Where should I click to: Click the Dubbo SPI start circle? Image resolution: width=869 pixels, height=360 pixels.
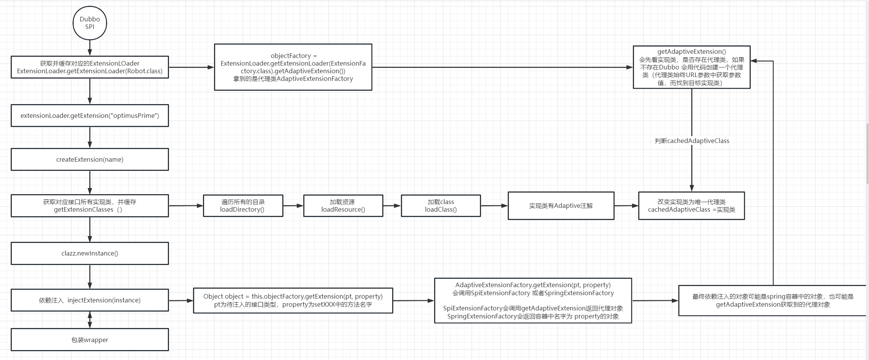click(90, 23)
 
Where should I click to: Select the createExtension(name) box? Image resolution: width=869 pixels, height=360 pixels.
click(90, 159)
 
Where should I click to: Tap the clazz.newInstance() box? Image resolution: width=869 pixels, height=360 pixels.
click(90, 253)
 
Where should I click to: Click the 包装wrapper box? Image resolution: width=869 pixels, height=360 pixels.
click(90, 340)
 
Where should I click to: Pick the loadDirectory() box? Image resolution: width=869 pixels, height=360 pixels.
click(243, 206)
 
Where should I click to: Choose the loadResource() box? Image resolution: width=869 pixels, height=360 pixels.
click(343, 206)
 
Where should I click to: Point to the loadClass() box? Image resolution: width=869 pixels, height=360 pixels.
click(441, 206)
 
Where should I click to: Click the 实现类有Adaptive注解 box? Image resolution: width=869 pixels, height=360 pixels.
click(561, 206)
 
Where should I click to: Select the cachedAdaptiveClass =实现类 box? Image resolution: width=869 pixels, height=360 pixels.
click(691, 206)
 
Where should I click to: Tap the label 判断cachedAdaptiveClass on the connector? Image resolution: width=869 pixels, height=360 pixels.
click(692, 141)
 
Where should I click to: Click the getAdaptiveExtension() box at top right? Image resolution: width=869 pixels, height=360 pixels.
click(691, 67)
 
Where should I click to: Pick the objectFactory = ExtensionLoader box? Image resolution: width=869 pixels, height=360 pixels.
click(293, 67)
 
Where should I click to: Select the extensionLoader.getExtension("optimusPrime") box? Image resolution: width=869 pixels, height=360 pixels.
click(90, 116)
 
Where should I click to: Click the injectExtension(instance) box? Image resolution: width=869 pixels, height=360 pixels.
click(90, 300)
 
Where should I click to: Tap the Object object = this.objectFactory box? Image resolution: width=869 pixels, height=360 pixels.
click(293, 301)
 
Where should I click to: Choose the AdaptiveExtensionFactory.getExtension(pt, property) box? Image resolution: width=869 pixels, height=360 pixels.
click(533, 301)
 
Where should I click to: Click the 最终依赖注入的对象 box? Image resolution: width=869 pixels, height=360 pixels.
click(772, 301)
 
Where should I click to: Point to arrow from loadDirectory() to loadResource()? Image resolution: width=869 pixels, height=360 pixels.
click(293, 206)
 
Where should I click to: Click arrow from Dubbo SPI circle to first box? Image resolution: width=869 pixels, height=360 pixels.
click(90, 48)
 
